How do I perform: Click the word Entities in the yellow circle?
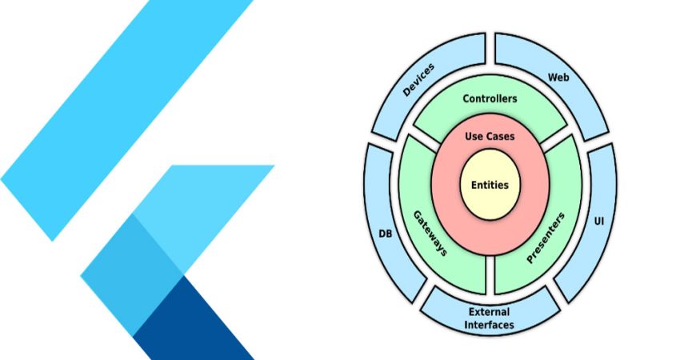pos(490,185)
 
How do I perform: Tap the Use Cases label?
pos(490,137)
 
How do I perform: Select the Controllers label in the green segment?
pos(490,98)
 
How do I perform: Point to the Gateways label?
pos(430,233)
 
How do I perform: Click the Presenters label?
pos(546,238)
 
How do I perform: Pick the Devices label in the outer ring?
pos(418,79)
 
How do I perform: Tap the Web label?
pos(558,78)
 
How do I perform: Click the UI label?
pos(598,221)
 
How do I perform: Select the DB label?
pos(386,234)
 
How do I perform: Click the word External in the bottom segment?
pos(490,312)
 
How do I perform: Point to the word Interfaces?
pos(490,325)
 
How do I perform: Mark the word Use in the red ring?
pos(473,137)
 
